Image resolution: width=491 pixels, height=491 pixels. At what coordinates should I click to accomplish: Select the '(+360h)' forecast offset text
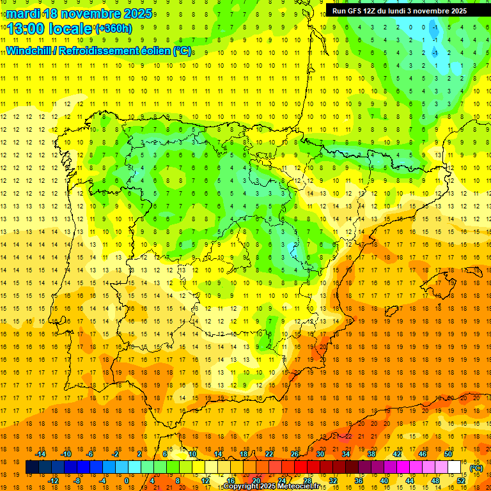click(x=114, y=28)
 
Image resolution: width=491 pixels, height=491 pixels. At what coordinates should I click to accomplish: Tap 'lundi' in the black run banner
click(x=394, y=11)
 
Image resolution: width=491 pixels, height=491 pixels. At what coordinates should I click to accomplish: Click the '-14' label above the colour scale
click(x=41, y=454)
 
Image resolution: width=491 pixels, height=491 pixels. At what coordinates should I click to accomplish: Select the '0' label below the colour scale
click(x=127, y=480)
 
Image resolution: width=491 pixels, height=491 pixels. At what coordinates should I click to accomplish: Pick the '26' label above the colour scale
click(x=295, y=454)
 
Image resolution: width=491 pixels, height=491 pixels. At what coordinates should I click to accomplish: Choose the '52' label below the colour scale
click(x=461, y=480)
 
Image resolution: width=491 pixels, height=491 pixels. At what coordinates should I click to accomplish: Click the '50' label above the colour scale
click(x=448, y=454)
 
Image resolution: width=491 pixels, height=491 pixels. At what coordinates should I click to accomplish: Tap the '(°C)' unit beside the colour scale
click(x=476, y=467)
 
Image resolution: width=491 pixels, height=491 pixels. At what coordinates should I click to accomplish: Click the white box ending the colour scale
click(x=455, y=467)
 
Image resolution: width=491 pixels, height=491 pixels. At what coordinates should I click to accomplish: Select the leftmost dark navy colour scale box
click(x=32, y=467)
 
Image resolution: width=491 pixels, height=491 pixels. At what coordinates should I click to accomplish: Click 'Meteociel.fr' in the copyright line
click(x=304, y=487)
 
